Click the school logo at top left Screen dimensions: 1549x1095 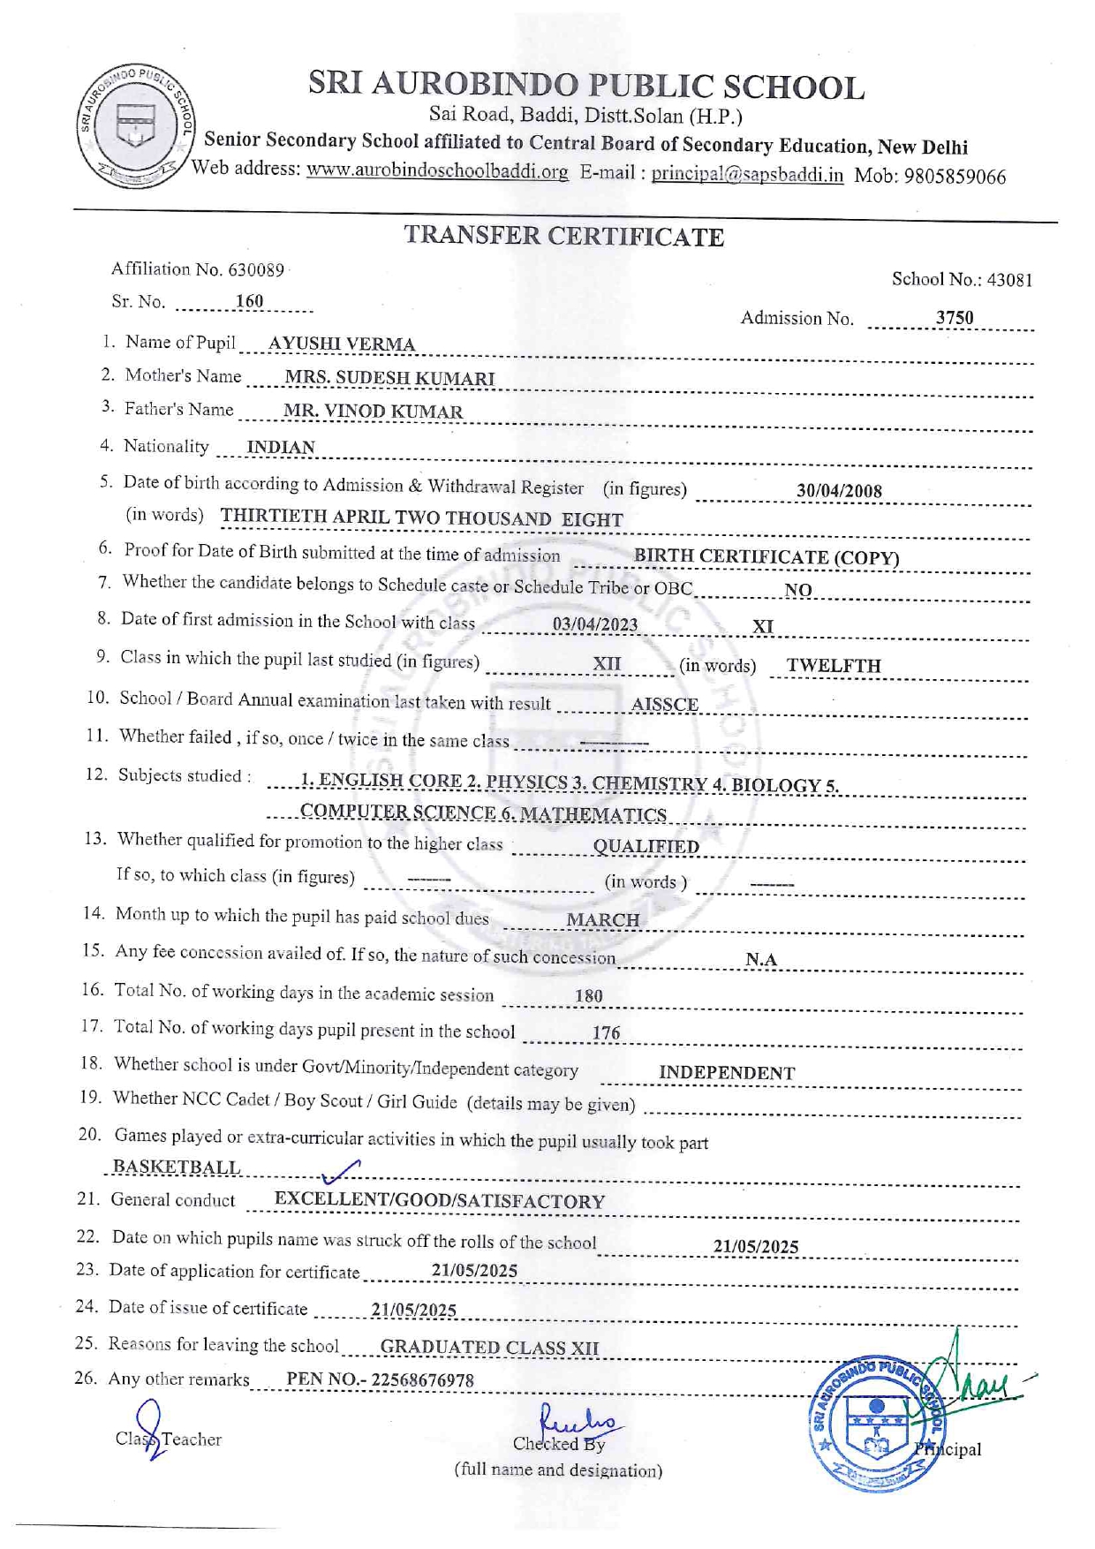tap(136, 126)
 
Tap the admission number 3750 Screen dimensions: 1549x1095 tap(955, 318)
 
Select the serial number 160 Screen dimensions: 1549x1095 tap(249, 302)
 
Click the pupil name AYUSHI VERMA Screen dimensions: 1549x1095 tap(341, 344)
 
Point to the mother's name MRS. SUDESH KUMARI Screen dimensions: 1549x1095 tap(389, 379)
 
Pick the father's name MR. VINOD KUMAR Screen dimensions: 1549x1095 tap(373, 412)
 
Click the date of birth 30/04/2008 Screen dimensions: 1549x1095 tap(839, 492)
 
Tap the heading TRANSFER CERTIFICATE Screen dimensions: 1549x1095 tap(563, 237)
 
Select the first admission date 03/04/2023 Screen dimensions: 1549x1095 tap(595, 625)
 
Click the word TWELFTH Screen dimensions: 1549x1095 tap(834, 666)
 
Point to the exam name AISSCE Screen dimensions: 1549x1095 tap(665, 705)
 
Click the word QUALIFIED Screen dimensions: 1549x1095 tap(646, 847)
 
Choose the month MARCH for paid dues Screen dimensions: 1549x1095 tap(603, 920)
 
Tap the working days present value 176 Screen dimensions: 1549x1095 tap(606, 1033)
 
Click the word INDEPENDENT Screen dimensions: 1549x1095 tap(727, 1073)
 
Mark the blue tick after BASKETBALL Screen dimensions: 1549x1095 tap(341, 1172)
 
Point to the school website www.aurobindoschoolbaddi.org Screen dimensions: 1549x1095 tap(437, 171)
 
